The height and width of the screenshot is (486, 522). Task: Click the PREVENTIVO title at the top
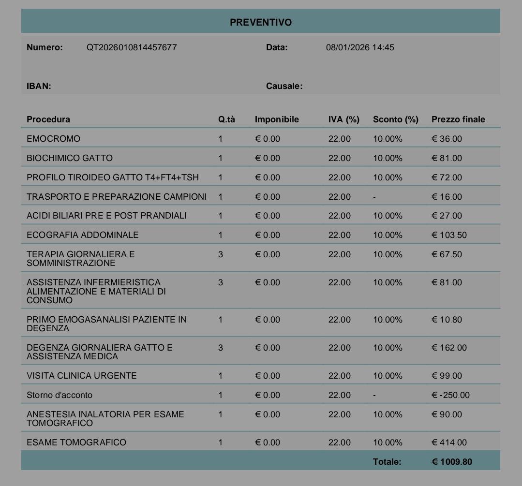tap(260, 22)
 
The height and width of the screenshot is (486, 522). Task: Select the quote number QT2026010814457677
tap(132, 47)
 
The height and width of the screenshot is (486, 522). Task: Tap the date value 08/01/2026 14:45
tap(360, 47)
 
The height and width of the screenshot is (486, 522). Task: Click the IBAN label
tap(39, 86)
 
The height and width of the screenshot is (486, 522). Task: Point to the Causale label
tap(284, 86)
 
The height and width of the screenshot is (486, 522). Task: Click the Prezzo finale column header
tap(458, 119)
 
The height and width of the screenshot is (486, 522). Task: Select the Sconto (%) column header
tap(395, 119)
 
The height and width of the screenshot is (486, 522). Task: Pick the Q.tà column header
tap(226, 119)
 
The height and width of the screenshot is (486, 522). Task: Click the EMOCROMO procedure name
tap(53, 139)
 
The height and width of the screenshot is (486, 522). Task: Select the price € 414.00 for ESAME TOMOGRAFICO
tap(449, 442)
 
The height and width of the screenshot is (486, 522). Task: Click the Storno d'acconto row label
tap(59, 395)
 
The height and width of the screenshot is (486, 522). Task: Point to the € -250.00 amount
tap(450, 395)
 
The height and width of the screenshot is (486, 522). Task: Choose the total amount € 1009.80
tap(451, 462)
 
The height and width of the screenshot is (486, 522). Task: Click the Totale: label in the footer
tap(387, 462)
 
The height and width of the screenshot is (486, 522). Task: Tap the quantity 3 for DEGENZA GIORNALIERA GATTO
tap(221, 348)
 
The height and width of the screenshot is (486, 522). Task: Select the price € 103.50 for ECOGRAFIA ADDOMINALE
tap(449, 235)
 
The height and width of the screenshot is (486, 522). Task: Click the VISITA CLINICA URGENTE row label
tap(81, 376)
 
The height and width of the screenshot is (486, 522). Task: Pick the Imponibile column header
tap(277, 119)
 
